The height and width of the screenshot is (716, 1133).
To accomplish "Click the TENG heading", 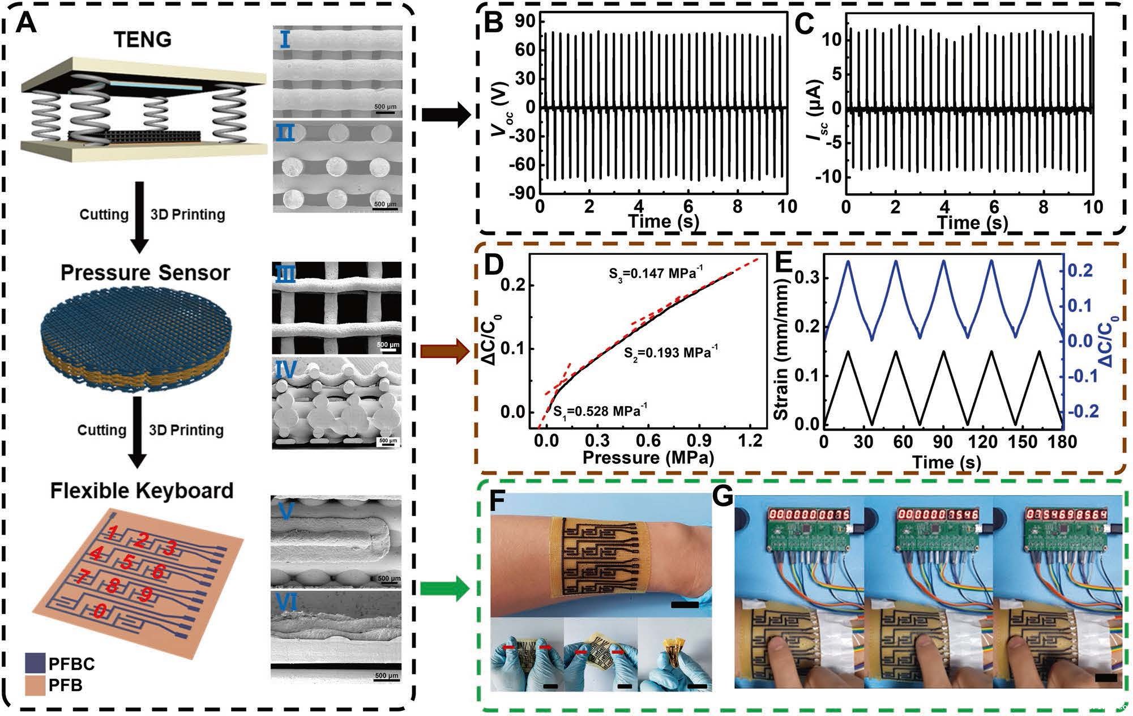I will click(x=142, y=40).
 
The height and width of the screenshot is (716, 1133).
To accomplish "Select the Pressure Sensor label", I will click(x=145, y=273).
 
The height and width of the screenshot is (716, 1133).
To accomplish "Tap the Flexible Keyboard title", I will click(x=142, y=491).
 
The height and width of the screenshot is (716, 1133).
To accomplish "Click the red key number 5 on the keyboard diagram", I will click(x=128, y=562).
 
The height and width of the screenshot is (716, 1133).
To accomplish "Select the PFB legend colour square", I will click(x=35, y=685).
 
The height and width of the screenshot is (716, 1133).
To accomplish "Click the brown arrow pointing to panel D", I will click(x=445, y=352).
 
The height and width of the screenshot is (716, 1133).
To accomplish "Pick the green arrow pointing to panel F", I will click(x=445, y=590).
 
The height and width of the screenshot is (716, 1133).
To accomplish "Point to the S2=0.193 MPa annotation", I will click(x=670, y=352).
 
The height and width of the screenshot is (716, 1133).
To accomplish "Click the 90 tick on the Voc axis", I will click(x=525, y=22).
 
